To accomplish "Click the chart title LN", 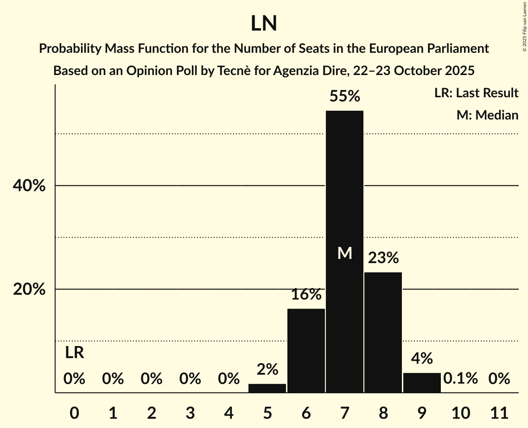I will pos(264,24).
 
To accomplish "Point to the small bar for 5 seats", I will pos(267,388).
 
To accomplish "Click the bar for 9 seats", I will pos(422,383).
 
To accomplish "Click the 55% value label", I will pos(344,96).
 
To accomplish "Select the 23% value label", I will pos(383,258).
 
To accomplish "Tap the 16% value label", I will pos(306,294).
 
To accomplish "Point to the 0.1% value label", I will pos(460,378).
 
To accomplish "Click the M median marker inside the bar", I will pos(344,253).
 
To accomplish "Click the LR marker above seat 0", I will pos(74,353).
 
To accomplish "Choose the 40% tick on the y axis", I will pos(28,186).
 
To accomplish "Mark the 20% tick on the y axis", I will pos(28,290).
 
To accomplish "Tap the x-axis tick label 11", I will pos(499,412).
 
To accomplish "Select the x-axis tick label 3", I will pos(190,412).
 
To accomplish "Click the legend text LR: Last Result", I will pos(476,93).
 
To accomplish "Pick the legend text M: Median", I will pos(487,115).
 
